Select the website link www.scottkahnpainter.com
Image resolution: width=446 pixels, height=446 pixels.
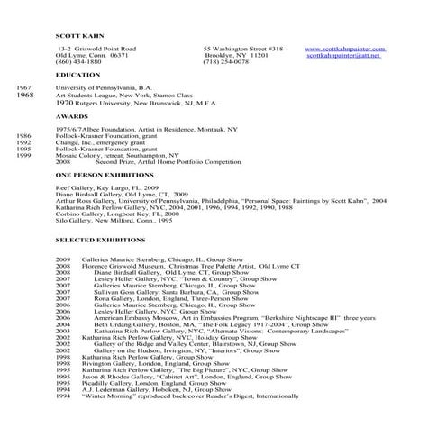tap(345, 49)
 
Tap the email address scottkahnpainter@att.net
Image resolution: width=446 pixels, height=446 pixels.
tap(343, 55)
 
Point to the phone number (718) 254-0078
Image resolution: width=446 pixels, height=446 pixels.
tap(224, 62)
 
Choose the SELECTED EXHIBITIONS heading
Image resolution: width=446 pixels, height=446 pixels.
tap(100, 241)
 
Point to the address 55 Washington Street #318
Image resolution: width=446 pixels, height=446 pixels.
tap(243, 49)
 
